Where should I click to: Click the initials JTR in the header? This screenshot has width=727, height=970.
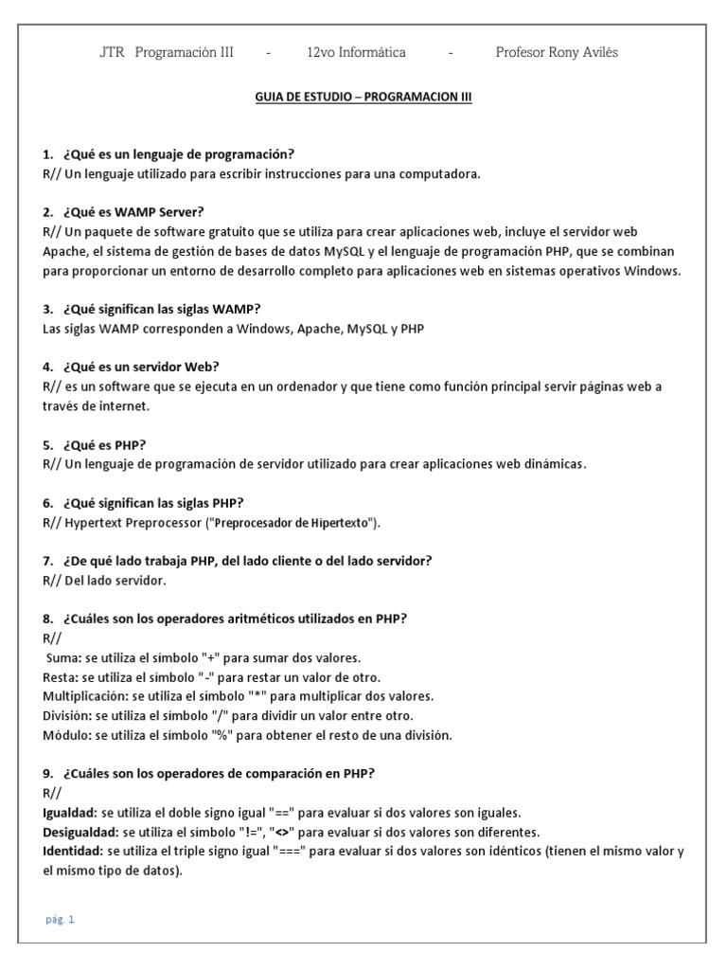pyautogui.click(x=113, y=52)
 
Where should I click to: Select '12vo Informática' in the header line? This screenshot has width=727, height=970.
pyautogui.click(x=357, y=52)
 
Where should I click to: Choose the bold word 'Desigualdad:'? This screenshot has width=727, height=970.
pyautogui.click(x=80, y=832)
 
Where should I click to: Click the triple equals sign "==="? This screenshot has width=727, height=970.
pyautogui.click(x=288, y=852)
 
